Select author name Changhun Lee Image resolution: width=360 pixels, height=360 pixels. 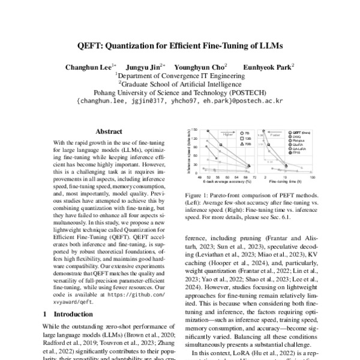(x=89, y=67)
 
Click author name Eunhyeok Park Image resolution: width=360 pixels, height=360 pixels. (x=267, y=67)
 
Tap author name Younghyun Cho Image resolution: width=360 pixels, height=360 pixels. (x=199, y=67)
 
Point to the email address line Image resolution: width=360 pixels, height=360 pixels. (x=179, y=101)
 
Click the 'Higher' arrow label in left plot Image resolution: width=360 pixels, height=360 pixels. (x=227, y=134)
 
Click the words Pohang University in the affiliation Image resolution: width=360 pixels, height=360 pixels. (x=123, y=93)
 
